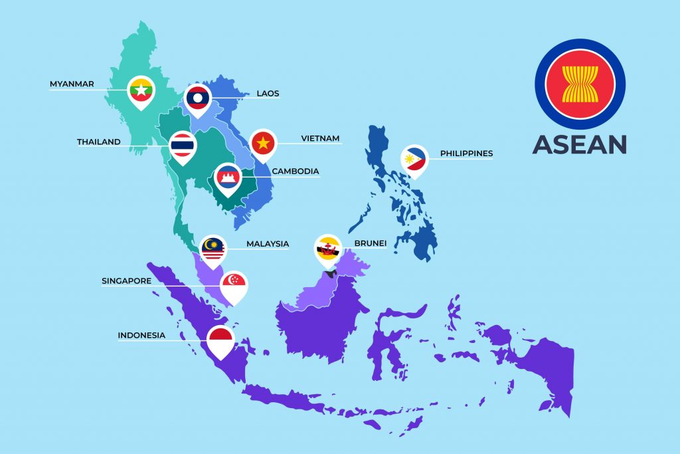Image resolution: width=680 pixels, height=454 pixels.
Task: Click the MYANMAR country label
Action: coord(72,84)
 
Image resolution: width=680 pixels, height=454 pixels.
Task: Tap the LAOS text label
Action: coord(268,94)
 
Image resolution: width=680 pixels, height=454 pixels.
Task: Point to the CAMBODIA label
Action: coord(295,171)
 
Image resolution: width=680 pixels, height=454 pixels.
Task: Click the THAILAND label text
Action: coord(98,142)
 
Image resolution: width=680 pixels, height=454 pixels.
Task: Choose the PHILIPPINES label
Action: coord(466,154)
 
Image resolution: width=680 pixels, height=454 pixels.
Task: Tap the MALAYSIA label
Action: coord(268,244)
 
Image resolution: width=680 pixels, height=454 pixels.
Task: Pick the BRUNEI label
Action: coord(371,244)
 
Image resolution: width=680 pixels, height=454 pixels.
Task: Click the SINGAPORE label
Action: coord(126,281)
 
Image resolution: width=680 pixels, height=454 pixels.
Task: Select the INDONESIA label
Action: coord(141,336)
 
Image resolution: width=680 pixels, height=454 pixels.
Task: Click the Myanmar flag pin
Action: coord(141,88)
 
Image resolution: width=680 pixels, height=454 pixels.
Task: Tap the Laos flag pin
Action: coord(198,98)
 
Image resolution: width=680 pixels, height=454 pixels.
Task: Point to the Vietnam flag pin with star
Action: coord(264,142)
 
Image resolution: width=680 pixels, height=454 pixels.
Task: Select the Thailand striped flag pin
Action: coord(182,145)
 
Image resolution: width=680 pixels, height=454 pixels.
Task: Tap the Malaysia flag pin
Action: coord(213,248)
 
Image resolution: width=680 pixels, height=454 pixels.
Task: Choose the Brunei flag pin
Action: coord(327,248)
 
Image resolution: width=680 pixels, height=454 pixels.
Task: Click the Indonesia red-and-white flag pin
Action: coord(220,339)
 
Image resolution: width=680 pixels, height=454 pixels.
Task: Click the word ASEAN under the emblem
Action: coord(579,145)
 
